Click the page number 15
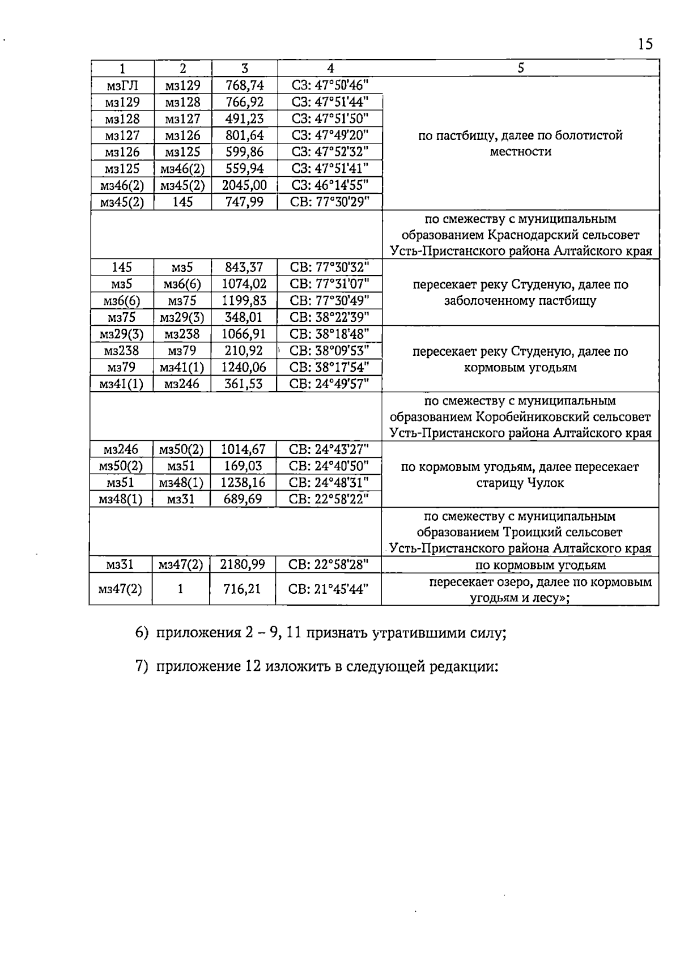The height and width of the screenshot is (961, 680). pos(645,44)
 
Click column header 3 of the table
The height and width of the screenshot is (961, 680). pos(244,69)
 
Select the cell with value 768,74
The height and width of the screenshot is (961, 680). pos(245,86)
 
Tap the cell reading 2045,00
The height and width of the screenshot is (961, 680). pos(245,185)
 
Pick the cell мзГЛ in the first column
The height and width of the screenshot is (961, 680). pos(122,86)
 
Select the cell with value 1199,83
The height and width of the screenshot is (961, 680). pos(244,300)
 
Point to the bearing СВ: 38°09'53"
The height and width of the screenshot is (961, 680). pos(329,350)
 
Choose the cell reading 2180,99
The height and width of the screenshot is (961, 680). pos(243,565)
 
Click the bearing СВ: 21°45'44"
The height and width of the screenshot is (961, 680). pos(329,589)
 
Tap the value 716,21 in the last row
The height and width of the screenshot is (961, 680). pos(243,589)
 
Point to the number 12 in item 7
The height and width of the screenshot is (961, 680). pos(253,667)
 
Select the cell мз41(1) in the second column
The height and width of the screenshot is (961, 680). pos(182,367)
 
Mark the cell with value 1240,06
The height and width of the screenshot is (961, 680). pos(244,367)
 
